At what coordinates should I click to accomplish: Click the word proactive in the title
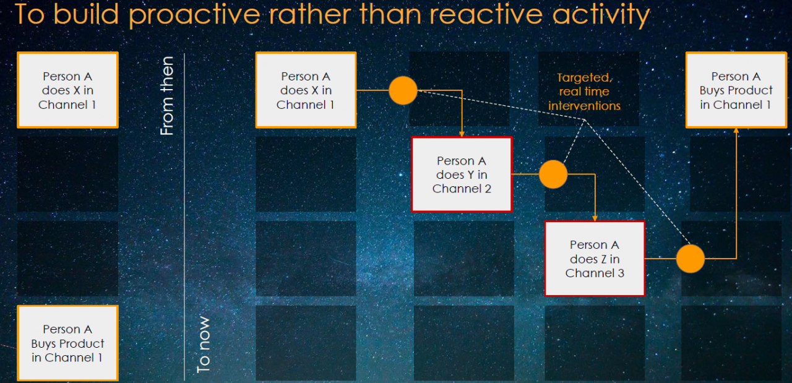tap(194, 15)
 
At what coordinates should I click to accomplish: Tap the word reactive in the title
tap(486, 14)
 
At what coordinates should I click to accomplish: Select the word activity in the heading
tap(601, 15)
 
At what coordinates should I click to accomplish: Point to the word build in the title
tap(86, 14)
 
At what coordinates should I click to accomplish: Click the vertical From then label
tap(167, 96)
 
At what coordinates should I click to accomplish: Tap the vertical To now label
tap(204, 345)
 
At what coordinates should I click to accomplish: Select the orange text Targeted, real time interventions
tap(584, 92)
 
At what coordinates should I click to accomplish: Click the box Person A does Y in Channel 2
tap(462, 174)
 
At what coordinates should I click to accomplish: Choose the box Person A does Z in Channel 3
tap(595, 259)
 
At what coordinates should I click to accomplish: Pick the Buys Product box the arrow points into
tap(736, 90)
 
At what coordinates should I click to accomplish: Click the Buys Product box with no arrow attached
tap(67, 343)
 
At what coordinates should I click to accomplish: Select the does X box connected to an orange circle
tap(306, 90)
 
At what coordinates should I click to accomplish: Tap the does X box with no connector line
tap(67, 90)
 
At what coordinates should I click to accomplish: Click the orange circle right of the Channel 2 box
tap(553, 174)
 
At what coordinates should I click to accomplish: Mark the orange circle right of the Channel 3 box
tap(691, 259)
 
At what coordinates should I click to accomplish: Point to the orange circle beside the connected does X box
tap(403, 90)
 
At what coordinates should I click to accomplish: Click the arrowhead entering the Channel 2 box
tap(462, 134)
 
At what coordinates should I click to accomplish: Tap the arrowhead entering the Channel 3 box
tap(595, 218)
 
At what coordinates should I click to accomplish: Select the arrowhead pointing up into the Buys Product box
tap(736, 131)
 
